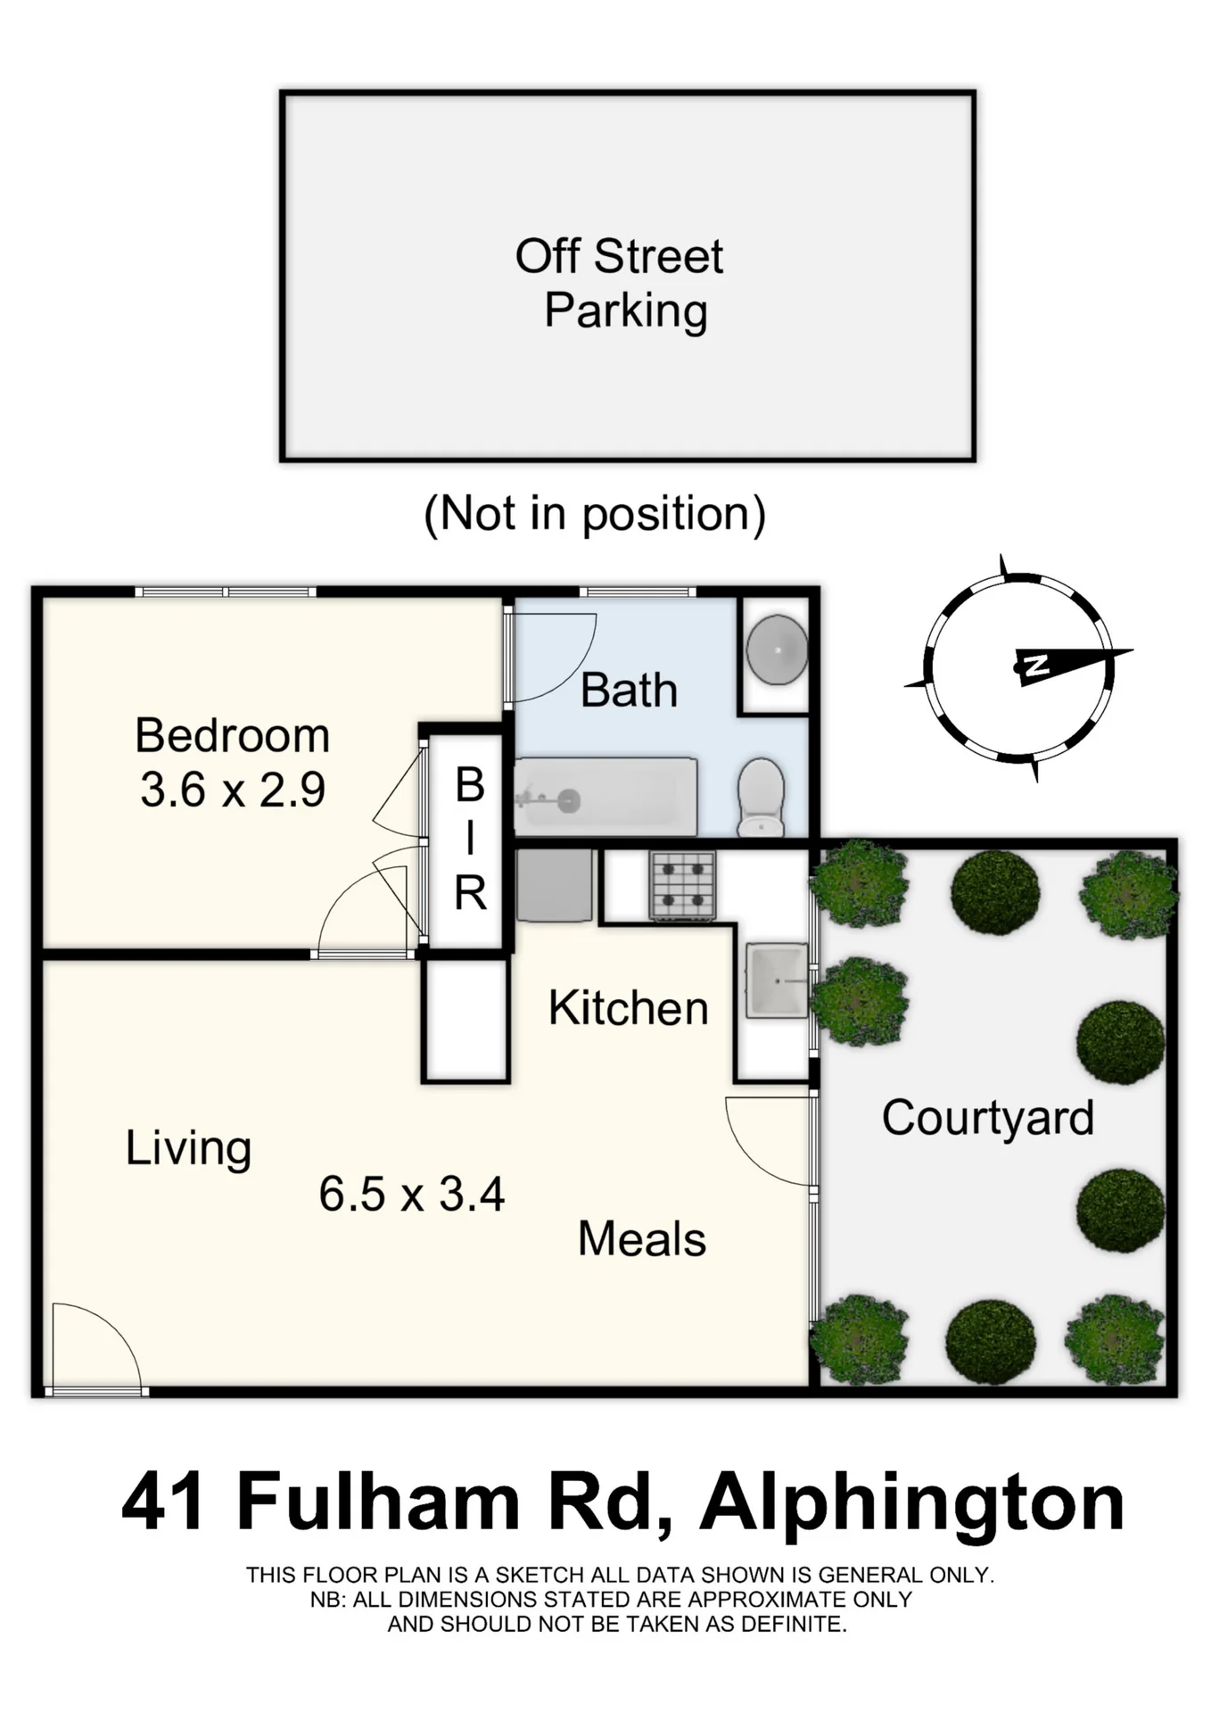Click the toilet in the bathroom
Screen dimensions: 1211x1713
[761, 798]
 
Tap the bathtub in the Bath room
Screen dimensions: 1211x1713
[605, 797]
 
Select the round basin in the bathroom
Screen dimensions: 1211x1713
[777, 650]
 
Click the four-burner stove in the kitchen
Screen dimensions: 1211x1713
[683, 885]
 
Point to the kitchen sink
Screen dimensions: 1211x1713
[778, 981]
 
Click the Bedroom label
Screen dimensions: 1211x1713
[233, 736]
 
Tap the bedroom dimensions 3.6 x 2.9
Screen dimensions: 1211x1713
[233, 790]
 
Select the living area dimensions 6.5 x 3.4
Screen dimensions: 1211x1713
[412, 1194]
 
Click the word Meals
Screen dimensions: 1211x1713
[642, 1239]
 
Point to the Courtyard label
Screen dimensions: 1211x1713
[988, 1119]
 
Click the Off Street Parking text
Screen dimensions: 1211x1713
[621, 284]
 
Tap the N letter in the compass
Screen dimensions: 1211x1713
[1036, 665]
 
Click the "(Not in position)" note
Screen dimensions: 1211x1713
[595, 515]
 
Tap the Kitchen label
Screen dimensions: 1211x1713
[629, 1008]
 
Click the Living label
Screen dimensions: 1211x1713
[188, 1148]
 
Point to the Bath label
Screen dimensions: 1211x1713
[629, 691]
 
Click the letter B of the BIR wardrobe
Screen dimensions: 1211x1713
[470, 785]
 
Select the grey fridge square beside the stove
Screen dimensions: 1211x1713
[554, 885]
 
